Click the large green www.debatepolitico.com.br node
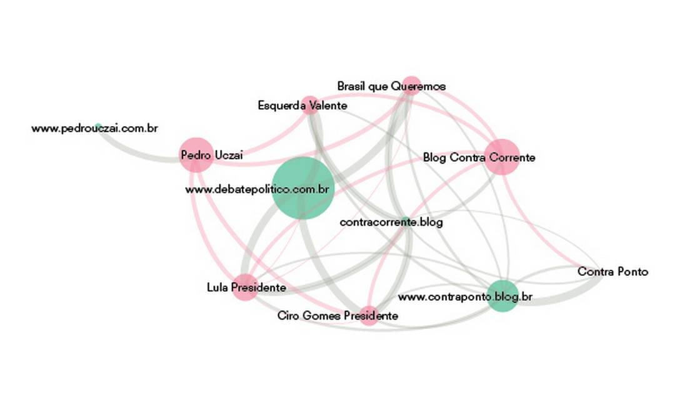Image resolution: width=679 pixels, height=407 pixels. [x=303, y=188]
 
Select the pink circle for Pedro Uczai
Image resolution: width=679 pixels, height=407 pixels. [x=196, y=154]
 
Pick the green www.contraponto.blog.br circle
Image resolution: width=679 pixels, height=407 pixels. [x=503, y=296]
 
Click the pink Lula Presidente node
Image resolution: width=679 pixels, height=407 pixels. [x=245, y=288]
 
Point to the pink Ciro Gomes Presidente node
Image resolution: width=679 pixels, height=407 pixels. [x=369, y=316]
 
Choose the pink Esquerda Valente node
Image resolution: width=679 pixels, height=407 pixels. [x=309, y=105]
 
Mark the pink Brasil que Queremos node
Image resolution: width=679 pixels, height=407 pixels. [x=411, y=85]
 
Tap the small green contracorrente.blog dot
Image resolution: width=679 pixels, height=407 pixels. [x=406, y=221]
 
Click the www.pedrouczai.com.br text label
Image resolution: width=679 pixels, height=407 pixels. [x=94, y=129]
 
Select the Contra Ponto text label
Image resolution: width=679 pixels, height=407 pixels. [x=613, y=272]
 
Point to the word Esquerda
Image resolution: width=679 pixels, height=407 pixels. [x=279, y=106]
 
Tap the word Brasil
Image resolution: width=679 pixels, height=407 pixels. [x=351, y=86]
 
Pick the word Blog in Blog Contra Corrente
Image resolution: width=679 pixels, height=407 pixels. [x=434, y=157]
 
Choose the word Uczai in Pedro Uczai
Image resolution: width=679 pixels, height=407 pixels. [x=228, y=155]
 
